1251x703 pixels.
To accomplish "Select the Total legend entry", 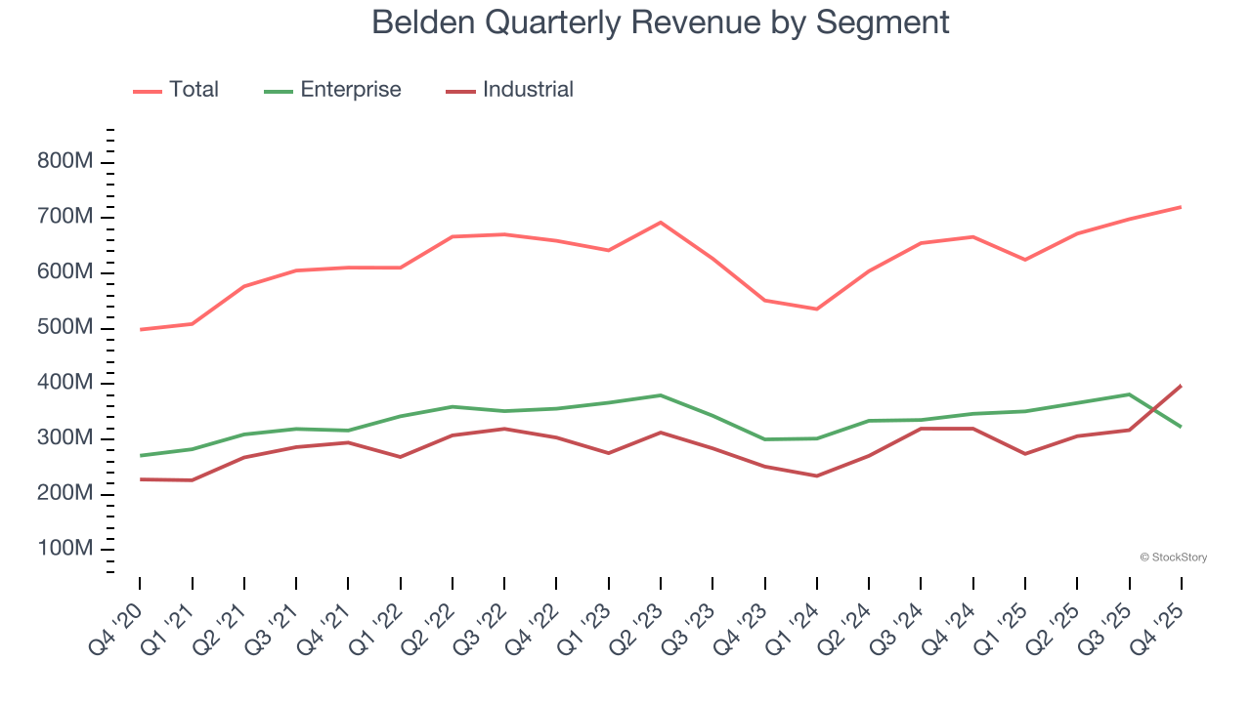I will coord(193,90).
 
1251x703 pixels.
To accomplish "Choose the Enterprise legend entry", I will coord(350,90).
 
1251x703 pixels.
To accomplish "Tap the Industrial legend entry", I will coord(528,90).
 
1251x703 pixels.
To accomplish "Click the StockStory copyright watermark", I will coord(1173,558).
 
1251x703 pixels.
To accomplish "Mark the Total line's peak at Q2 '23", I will coord(661,223).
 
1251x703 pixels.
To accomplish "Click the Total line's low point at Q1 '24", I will coord(817,310).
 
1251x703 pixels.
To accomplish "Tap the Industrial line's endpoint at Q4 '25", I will coord(1182,386).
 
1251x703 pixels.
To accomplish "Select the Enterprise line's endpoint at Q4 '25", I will coord(1182,427).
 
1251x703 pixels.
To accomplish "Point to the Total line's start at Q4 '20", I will coord(140,330).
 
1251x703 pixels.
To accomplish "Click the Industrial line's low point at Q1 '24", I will coord(817,476).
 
